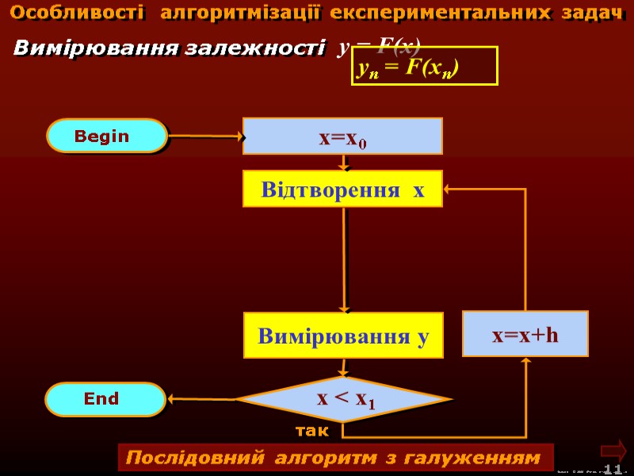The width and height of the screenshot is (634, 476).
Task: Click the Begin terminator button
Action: pos(107,136)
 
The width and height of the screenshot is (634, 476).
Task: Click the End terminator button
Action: pos(105,399)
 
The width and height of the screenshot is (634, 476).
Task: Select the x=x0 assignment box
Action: pos(342,136)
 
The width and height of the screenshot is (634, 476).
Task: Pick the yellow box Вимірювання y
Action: pos(343,335)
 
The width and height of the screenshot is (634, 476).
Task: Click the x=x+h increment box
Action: pos(525,334)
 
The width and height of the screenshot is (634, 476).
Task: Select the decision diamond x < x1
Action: pos(346,400)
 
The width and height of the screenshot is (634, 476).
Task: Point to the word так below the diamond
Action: pos(311,431)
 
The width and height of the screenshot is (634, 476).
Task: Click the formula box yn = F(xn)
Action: pos(424,67)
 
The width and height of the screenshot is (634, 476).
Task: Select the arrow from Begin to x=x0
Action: pos(204,136)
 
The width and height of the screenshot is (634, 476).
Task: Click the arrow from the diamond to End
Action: pos(201,398)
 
